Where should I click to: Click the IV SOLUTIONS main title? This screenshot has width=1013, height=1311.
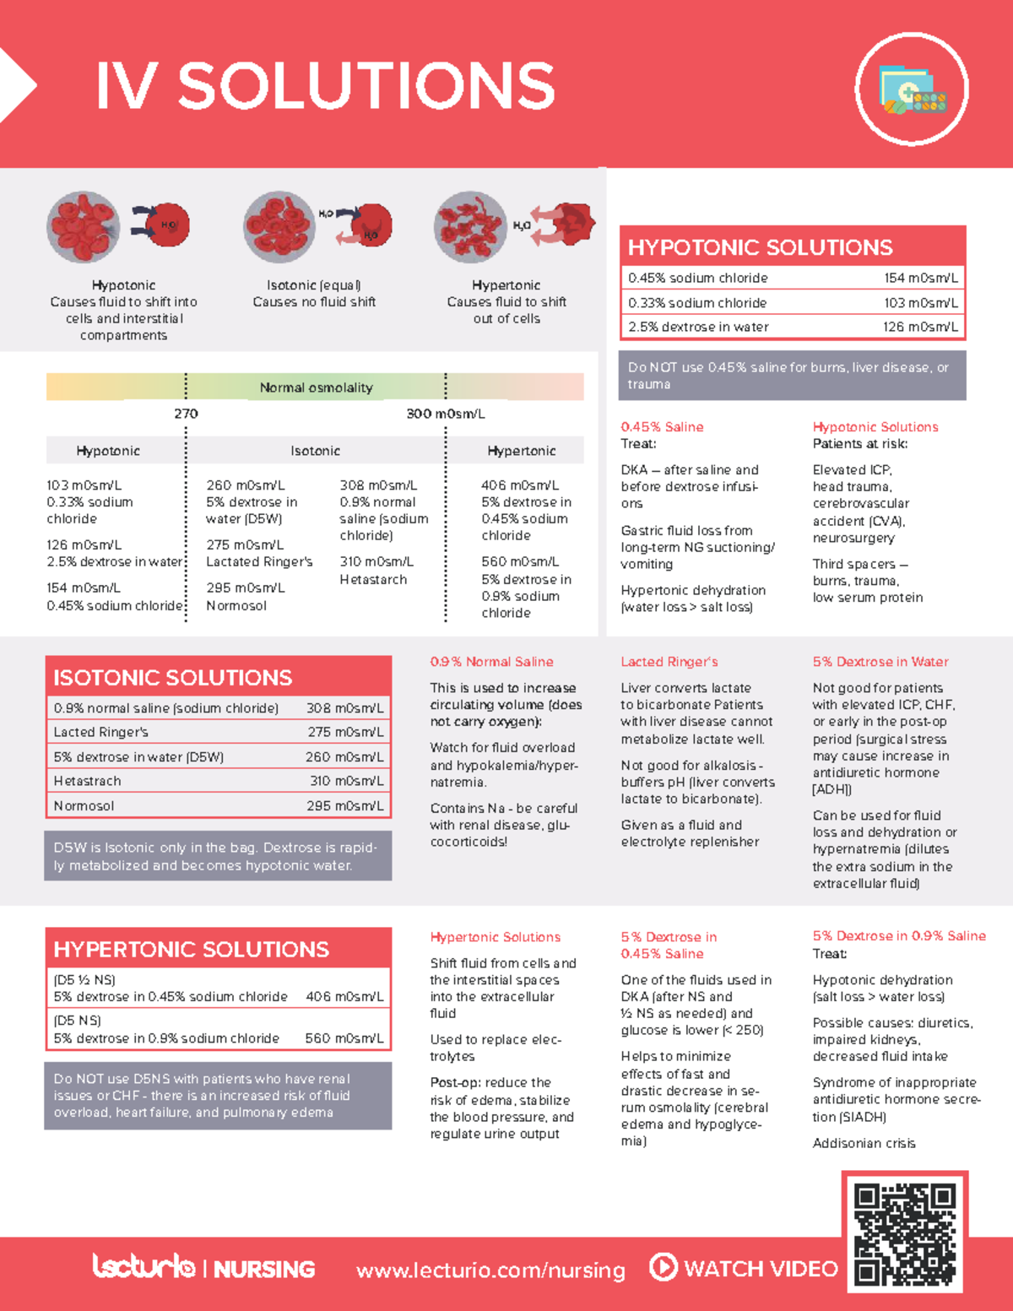(x=325, y=85)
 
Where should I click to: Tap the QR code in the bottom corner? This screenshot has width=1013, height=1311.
(x=904, y=1234)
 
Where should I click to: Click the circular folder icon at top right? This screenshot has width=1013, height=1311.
(x=911, y=89)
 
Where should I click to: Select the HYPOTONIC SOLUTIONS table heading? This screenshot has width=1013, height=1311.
(x=760, y=247)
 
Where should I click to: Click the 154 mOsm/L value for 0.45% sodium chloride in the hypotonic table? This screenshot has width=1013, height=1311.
(x=920, y=278)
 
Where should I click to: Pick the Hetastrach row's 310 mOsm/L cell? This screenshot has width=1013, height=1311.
(x=346, y=781)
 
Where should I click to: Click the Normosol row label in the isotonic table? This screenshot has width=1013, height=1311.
(x=84, y=805)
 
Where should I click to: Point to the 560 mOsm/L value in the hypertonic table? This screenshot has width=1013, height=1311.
(x=344, y=1038)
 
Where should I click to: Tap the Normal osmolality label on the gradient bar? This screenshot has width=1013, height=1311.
(x=316, y=387)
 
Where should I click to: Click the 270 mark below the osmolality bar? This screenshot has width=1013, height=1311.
(x=186, y=414)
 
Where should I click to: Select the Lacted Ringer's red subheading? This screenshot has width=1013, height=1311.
(x=669, y=662)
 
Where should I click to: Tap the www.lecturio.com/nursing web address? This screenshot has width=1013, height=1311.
(x=490, y=1270)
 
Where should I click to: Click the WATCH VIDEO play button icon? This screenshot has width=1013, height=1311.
(x=664, y=1267)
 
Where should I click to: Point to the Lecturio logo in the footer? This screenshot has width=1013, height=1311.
(x=144, y=1266)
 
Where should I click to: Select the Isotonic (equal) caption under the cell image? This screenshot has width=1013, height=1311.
(x=314, y=285)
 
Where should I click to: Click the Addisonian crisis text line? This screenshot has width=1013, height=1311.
(x=864, y=1143)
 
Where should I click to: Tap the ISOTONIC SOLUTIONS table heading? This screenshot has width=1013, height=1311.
(x=172, y=678)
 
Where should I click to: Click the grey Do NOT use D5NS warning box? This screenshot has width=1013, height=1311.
(x=218, y=1096)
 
